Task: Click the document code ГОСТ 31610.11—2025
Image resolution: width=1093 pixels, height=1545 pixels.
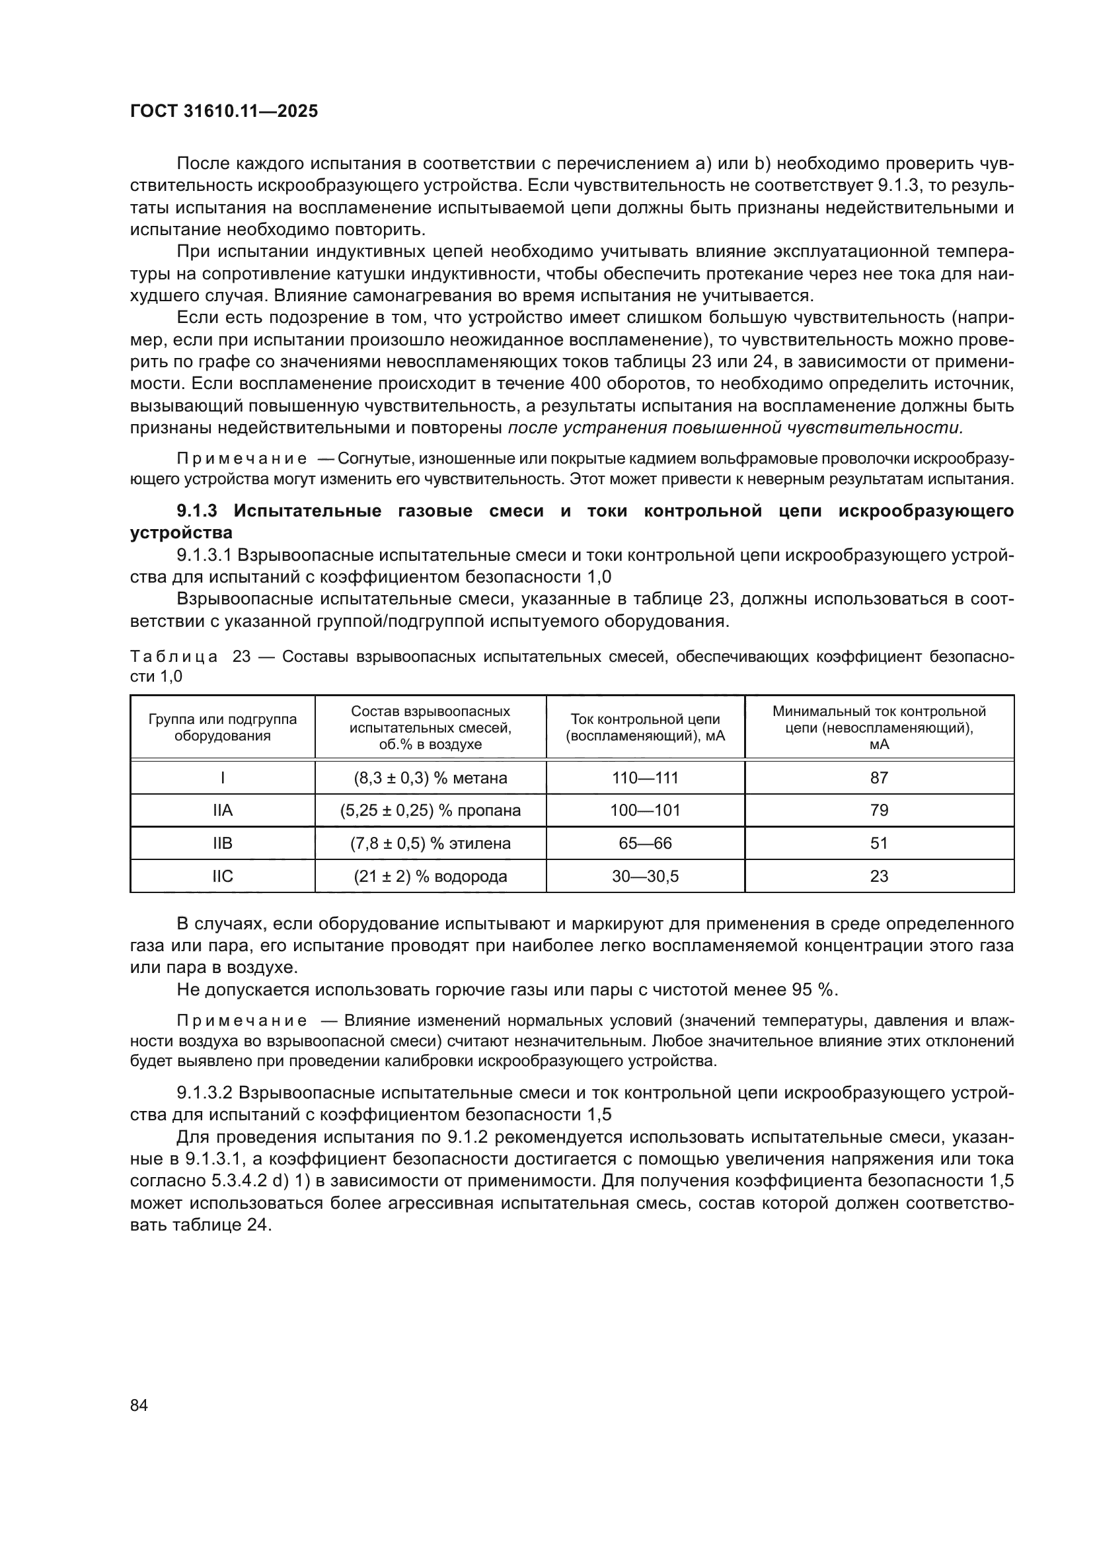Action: [x=224, y=112]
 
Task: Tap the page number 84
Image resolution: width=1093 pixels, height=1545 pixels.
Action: [x=139, y=1405]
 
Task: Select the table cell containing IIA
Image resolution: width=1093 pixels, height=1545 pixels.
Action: [x=223, y=810]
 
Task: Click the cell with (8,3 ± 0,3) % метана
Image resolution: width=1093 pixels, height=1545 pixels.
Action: [x=430, y=778]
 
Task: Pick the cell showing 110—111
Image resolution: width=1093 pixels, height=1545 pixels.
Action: [x=645, y=778]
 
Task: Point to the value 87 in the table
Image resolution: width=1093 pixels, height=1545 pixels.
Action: [x=879, y=778]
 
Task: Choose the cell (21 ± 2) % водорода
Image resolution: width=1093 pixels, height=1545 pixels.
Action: [x=430, y=876]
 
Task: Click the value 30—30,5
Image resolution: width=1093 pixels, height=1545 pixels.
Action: [x=645, y=876]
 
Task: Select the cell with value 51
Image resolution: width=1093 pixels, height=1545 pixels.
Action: [x=879, y=843]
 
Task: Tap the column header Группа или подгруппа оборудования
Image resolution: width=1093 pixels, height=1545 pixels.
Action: [x=223, y=727]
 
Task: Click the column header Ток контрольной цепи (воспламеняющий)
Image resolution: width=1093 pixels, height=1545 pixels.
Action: [x=645, y=727]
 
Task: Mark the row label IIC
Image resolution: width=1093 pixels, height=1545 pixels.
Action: [x=223, y=876]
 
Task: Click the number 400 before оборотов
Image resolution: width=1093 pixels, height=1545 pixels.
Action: [x=587, y=384]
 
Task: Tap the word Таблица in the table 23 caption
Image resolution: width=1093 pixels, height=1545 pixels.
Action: [x=174, y=657]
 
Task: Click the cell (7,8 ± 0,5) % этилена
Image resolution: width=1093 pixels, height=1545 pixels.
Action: [x=430, y=843]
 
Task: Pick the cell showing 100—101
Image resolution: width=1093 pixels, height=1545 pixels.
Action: [x=645, y=810]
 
